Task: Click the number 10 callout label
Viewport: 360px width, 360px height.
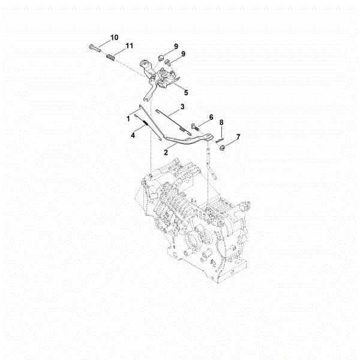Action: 115,37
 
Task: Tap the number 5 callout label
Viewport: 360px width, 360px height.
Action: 186,92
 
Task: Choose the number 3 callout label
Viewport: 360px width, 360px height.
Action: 182,106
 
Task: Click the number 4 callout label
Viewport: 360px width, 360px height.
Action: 133,135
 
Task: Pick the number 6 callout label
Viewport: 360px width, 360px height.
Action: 211,116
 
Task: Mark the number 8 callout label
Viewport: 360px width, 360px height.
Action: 221,122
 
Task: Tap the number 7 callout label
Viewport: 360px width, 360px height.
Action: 238,137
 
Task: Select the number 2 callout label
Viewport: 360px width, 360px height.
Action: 165,152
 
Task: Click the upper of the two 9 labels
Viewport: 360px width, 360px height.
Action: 176,46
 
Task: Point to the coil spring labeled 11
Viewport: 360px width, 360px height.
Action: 110,57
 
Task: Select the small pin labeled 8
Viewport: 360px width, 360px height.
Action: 220,134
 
